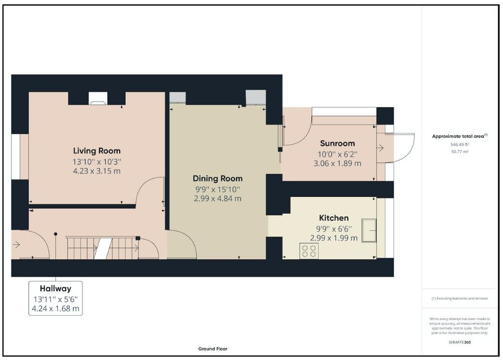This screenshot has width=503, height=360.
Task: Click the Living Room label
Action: (97, 151)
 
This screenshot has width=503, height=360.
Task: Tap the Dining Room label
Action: (217, 179)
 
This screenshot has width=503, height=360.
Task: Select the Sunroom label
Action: (338, 143)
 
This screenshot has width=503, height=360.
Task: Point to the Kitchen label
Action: (334, 218)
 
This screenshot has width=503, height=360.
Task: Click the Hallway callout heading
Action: (55, 288)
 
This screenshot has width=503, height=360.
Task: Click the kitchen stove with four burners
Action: (309, 251)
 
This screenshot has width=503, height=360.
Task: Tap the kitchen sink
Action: (369, 230)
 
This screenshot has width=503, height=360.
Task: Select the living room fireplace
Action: (98, 98)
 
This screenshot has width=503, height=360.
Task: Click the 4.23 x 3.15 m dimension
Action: (97, 171)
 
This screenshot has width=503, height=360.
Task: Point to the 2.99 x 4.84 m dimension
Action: (217, 198)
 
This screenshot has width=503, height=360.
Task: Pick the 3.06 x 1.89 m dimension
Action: (338, 163)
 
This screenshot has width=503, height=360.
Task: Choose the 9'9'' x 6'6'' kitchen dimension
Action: (334, 229)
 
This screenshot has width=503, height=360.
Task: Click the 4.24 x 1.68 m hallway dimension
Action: (55, 309)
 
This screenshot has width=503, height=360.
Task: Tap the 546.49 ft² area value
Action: (460, 144)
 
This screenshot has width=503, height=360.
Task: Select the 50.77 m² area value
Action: (460, 152)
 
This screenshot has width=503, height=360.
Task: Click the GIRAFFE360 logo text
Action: (460, 342)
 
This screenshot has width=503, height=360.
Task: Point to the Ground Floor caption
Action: (213, 349)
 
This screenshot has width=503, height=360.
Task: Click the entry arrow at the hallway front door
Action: (16, 244)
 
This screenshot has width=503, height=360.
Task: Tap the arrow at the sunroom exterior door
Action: (380, 148)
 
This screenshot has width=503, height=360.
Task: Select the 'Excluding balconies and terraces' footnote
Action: (460, 298)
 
